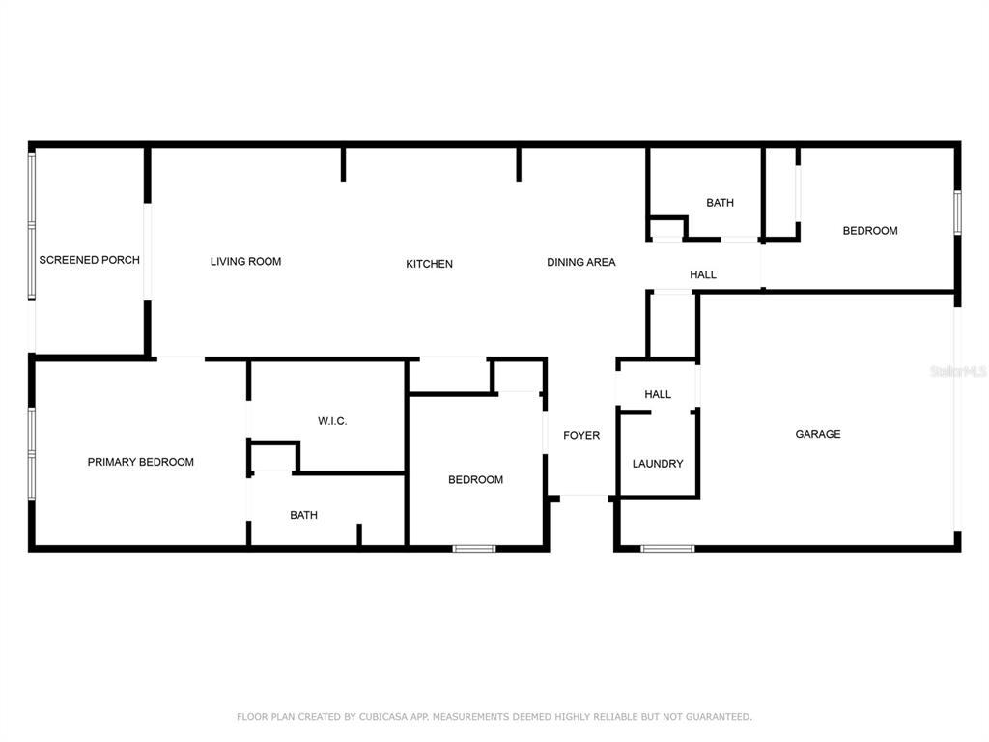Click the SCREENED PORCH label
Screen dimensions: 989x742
pyautogui.click(x=90, y=260)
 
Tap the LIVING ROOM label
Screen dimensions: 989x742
pyautogui.click(x=246, y=261)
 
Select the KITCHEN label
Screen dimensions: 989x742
pyautogui.click(x=429, y=264)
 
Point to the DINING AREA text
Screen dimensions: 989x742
pyautogui.click(x=580, y=262)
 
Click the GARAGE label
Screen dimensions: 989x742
pyautogui.click(x=818, y=434)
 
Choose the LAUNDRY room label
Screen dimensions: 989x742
pyautogui.click(x=658, y=464)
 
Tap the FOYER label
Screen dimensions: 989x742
pyautogui.click(x=581, y=436)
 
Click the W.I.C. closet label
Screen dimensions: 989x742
pyautogui.click(x=332, y=421)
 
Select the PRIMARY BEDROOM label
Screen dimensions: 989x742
pyautogui.click(x=141, y=462)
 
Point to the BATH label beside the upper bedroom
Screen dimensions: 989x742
pyautogui.click(x=720, y=203)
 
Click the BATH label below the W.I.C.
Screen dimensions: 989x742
pyautogui.click(x=303, y=516)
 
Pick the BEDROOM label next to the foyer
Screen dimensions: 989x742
pyautogui.click(x=475, y=480)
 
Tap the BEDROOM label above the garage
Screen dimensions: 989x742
pyautogui.click(x=870, y=231)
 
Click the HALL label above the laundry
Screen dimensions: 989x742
pyautogui.click(x=658, y=394)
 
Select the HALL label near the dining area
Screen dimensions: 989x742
pyautogui.click(x=703, y=274)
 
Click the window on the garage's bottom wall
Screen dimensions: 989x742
pyautogui.click(x=667, y=549)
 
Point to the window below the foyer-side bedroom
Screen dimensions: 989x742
pyautogui.click(x=474, y=549)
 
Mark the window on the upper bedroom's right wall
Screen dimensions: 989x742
pyautogui.click(x=957, y=213)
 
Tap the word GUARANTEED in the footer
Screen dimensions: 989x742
pyautogui.click(x=719, y=717)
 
